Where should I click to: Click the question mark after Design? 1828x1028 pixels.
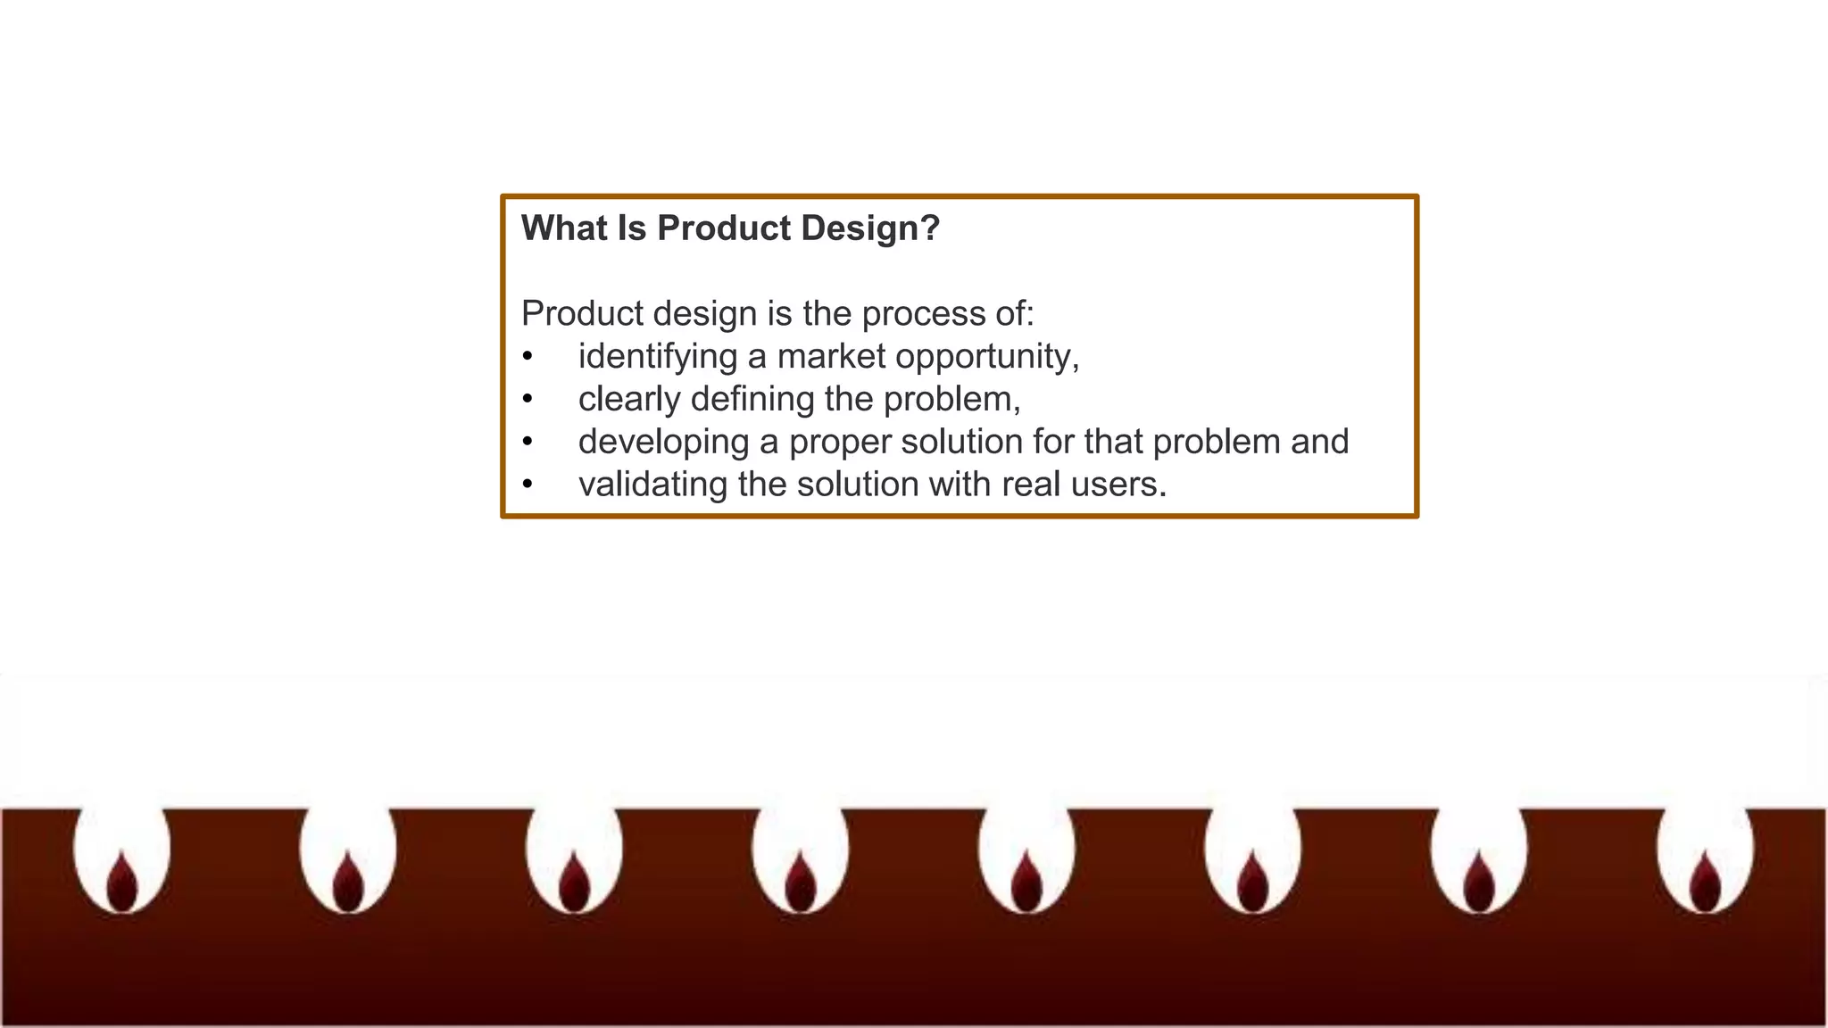point(930,228)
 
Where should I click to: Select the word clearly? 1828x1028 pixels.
point(629,399)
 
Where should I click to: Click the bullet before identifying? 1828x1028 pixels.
point(528,357)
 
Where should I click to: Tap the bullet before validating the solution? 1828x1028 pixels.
point(528,485)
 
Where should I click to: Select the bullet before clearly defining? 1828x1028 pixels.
point(528,399)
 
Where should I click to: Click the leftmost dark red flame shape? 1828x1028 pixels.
point(122,882)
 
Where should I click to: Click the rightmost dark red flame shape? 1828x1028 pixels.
point(1706,882)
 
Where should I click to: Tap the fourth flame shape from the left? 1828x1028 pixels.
point(801,882)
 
